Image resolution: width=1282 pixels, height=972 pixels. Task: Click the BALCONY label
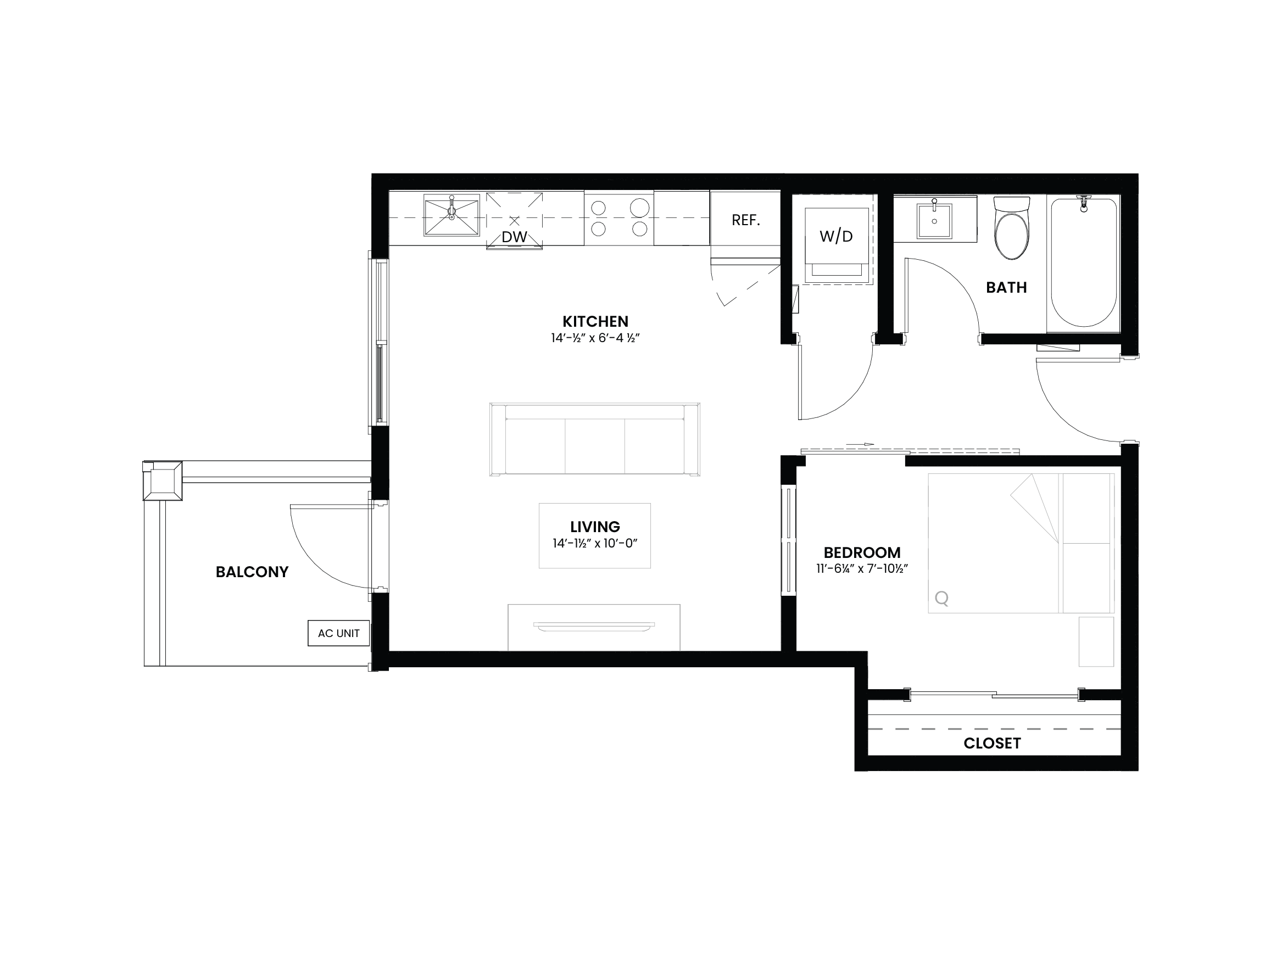coord(252,572)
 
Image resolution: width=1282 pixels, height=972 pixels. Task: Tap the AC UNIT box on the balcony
coord(338,634)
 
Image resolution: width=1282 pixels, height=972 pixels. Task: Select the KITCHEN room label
coord(595,322)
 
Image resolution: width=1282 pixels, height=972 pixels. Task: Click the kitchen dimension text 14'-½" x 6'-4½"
coord(595,338)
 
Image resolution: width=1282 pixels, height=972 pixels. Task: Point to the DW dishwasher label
coord(514,237)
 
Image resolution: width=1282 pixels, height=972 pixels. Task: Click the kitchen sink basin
coord(452,215)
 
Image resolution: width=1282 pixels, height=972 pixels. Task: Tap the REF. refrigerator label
coord(746,220)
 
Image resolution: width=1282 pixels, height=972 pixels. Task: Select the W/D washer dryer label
coord(837,236)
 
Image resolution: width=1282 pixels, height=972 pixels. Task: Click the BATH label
coord(1007,288)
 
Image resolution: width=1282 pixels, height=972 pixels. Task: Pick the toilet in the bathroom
coord(1012,228)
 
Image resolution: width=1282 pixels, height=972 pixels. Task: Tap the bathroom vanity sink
coord(934,220)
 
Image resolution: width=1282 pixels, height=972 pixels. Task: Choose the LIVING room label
coord(595,527)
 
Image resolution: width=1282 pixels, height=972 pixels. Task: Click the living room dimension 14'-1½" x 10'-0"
coord(595,544)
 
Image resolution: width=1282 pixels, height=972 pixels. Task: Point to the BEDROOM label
coord(862,553)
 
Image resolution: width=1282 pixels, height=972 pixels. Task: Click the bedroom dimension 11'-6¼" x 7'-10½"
coord(862,569)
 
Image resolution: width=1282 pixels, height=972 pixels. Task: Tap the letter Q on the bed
coord(942,598)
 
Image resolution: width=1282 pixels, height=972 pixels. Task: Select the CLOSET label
coord(992,744)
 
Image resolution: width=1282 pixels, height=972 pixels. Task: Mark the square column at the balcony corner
coord(163,481)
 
